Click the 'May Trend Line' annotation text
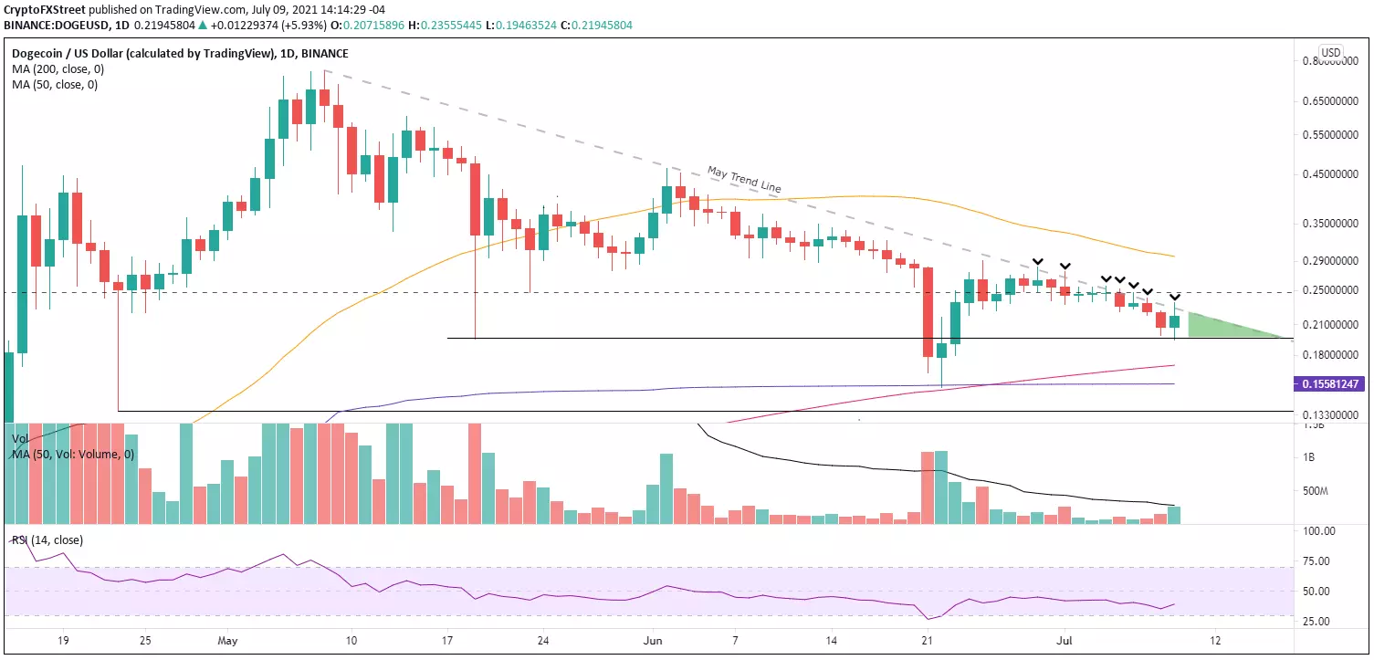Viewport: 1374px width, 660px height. click(743, 179)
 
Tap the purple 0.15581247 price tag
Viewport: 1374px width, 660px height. click(1330, 385)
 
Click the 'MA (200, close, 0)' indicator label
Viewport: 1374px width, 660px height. click(53, 69)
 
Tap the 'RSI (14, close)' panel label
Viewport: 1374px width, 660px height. click(47, 540)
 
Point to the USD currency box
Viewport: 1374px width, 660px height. click(1331, 52)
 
